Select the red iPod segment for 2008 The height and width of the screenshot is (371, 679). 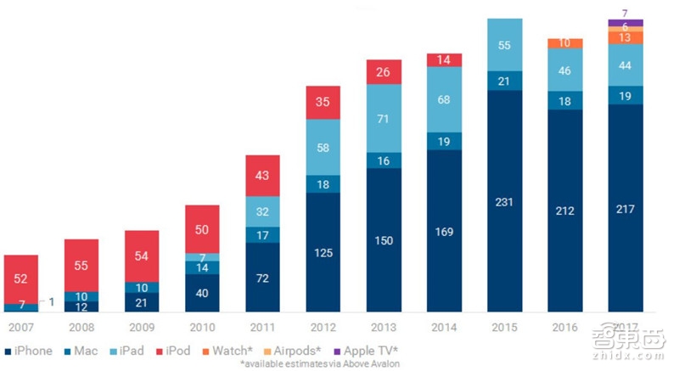click(x=81, y=265)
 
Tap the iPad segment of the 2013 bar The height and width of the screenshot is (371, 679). click(x=383, y=118)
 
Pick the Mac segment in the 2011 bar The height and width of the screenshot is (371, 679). click(x=262, y=234)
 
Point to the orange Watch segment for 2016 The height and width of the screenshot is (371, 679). click(x=564, y=43)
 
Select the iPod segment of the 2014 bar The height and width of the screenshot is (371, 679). click(x=444, y=59)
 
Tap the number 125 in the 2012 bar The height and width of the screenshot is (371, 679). click(x=323, y=252)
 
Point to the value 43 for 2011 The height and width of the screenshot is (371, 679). click(x=262, y=175)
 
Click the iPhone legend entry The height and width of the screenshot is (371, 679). click(x=28, y=351)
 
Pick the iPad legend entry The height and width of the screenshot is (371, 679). click(x=131, y=351)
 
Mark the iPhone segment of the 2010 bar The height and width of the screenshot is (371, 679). click(x=202, y=294)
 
